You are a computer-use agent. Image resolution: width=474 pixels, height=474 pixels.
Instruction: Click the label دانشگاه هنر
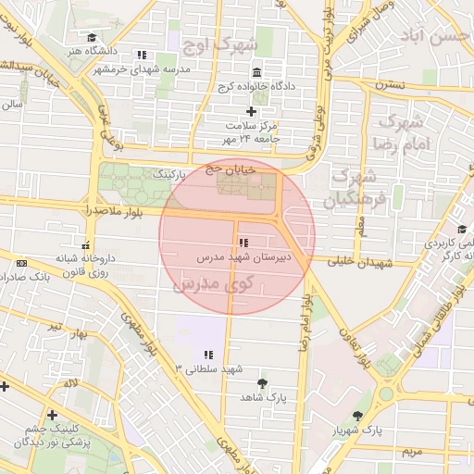click(x=106, y=51)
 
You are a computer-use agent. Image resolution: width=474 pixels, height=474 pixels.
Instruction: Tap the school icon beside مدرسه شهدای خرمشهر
click(x=142, y=55)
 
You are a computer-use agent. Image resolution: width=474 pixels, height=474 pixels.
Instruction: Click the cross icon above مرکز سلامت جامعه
click(x=251, y=111)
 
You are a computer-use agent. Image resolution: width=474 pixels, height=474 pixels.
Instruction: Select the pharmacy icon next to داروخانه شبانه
click(x=85, y=247)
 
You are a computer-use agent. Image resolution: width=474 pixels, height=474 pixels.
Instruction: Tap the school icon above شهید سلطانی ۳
click(x=208, y=354)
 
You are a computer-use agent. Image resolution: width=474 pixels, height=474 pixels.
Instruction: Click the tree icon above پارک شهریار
click(x=358, y=416)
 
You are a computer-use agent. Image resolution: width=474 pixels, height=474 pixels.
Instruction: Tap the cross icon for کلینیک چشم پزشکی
click(x=52, y=415)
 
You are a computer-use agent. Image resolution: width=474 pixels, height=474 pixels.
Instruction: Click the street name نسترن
click(x=391, y=84)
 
